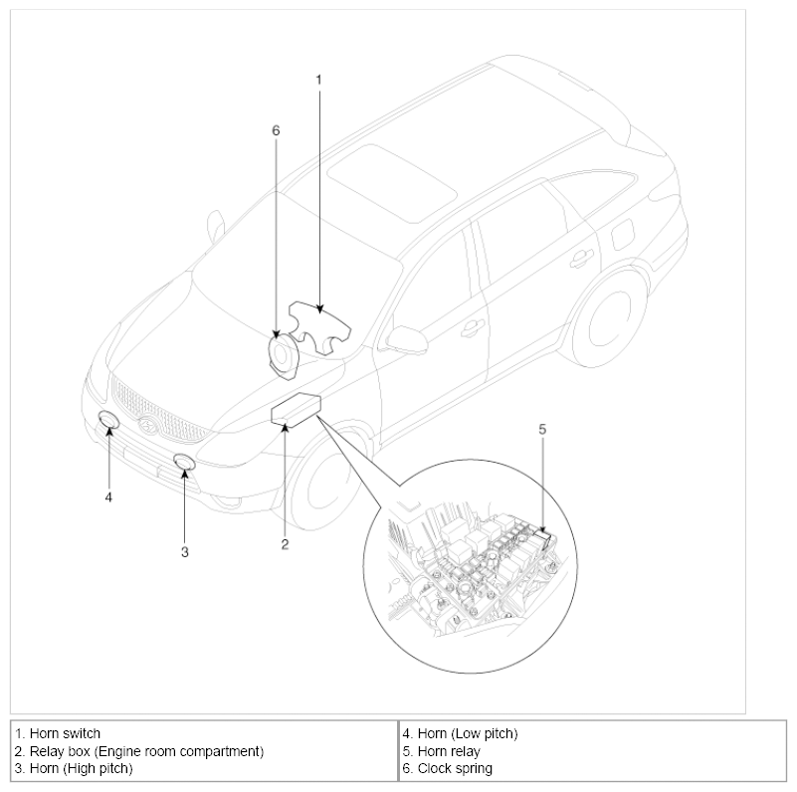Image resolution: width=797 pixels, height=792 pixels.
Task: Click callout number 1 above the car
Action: click(318, 80)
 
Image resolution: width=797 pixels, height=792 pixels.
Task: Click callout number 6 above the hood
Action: click(276, 130)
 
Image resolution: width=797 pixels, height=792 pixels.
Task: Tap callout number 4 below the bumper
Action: click(108, 497)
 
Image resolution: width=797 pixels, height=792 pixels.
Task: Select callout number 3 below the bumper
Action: click(184, 552)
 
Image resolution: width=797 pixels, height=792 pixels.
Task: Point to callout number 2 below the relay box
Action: click(285, 544)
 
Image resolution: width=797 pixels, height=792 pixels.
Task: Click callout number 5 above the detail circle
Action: click(542, 430)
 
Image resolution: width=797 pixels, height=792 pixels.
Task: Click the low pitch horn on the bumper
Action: click(108, 421)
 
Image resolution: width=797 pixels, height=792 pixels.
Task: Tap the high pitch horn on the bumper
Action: click(184, 462)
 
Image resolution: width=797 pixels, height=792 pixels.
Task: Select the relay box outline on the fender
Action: click(296, 409)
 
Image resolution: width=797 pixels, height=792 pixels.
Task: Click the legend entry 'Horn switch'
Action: click(65, 733)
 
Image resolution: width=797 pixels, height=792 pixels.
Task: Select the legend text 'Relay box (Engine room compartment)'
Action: click(146, 751)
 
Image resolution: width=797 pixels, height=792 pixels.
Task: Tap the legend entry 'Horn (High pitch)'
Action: click(81, 768)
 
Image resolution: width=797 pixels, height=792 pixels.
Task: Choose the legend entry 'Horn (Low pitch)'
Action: click(467, 733)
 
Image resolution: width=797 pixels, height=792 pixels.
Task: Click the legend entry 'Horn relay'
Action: click(449, 751)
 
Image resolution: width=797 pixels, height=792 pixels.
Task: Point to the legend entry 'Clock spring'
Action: click(455, 768)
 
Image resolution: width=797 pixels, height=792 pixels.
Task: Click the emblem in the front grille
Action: click(148, 425)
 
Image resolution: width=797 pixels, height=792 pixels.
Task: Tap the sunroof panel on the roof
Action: click(392, 183)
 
